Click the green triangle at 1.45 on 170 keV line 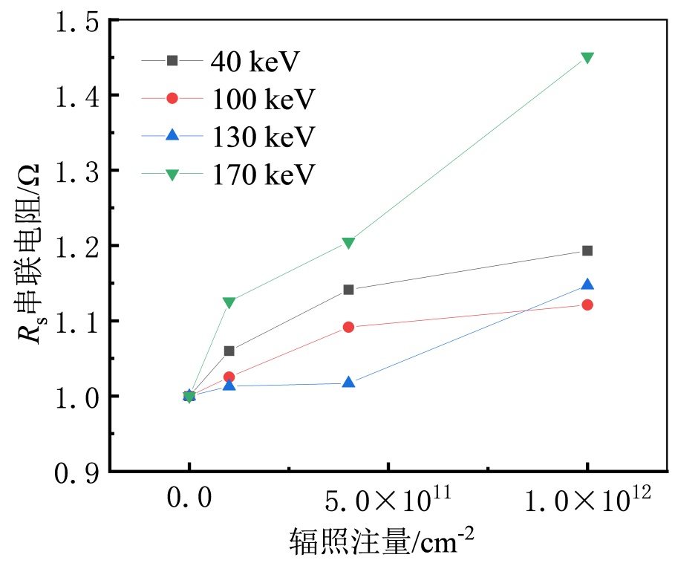(x=587, y=58)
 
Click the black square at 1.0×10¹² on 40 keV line (x=587, y=250)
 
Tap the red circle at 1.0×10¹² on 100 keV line (x=587, y=305)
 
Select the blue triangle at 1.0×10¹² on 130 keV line (x=587, y=284)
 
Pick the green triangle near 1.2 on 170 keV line (x=348, y=243)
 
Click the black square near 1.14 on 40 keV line (x=348, y=290)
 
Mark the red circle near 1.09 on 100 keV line (x=348, y=327)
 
